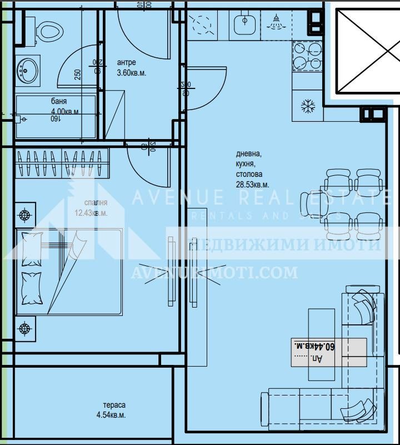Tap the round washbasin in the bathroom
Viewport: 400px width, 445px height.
click(26, 71)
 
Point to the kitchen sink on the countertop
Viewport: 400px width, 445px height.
click(243, 24)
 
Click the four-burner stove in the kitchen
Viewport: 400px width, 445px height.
click(307, 56)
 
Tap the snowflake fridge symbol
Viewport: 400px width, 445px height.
click(307, 106)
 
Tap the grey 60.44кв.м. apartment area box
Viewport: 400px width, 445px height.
click(329, 352)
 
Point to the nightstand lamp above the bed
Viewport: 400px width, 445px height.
click(24, 214)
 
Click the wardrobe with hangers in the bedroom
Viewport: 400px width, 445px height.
click(61, 164)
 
